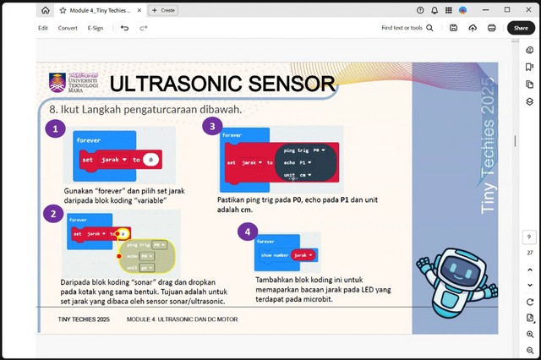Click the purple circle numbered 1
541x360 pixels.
pyautogui.click(x=55, y=129)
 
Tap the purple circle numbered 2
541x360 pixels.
pyautogui.click(x=53, y=214)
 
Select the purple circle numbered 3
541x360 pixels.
pyautogui.click(x=211, y=127)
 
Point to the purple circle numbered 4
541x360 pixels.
pyautogui.click(x=247, y=231)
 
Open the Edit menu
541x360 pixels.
pyautogui.click(x=43, y=28)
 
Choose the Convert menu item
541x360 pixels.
pyautogui.click(x=68, y=28)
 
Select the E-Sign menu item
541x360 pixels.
pyautogui.click(x=96, y=28)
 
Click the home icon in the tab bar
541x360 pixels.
pyautogui.click(x=44, y=10)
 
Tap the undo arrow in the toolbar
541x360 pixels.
pyautogui.click(x=124, y=28)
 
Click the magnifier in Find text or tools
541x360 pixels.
pyautogui.click(x=429, y=28)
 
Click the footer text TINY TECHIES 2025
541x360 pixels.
pyautogui.click(x=84, y=320)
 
